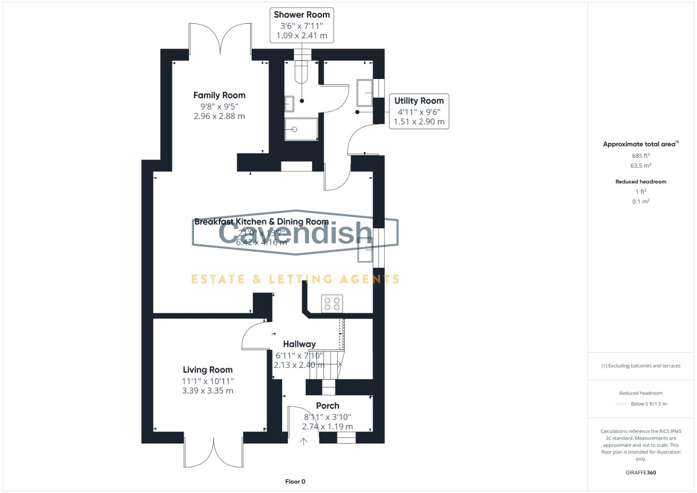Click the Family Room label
pos(219,95)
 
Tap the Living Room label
pos(208,370)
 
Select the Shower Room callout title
pos(302,15)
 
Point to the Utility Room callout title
pos(419,101)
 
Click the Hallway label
pos(299,344)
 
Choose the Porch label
pos(327,405)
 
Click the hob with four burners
pos(332,304)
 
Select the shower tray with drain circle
pos(301,129)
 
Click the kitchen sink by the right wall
pos(365,250)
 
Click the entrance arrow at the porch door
pos(303,441)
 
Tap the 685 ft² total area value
pos(640,156)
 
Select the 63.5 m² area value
pos(640,166)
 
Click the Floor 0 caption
pos(295,482)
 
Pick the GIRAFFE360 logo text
pos(640,472)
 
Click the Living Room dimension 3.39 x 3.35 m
pos(208,391)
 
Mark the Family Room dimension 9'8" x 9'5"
pos(219,106)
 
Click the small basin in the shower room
pos(289,104)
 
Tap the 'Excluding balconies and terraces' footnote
pos(640,366)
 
